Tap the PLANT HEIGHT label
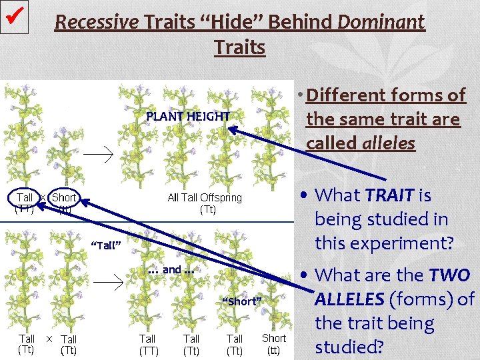point(188,116)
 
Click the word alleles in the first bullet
point(388,143)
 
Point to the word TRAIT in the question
point(390,195)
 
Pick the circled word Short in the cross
point(64,197)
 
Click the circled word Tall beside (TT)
point(25,197)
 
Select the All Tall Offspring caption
point(205,197)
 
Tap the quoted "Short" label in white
point(241,301)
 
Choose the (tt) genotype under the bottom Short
point(273,350)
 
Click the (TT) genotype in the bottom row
point(147,350)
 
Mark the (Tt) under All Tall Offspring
point(207,209)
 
